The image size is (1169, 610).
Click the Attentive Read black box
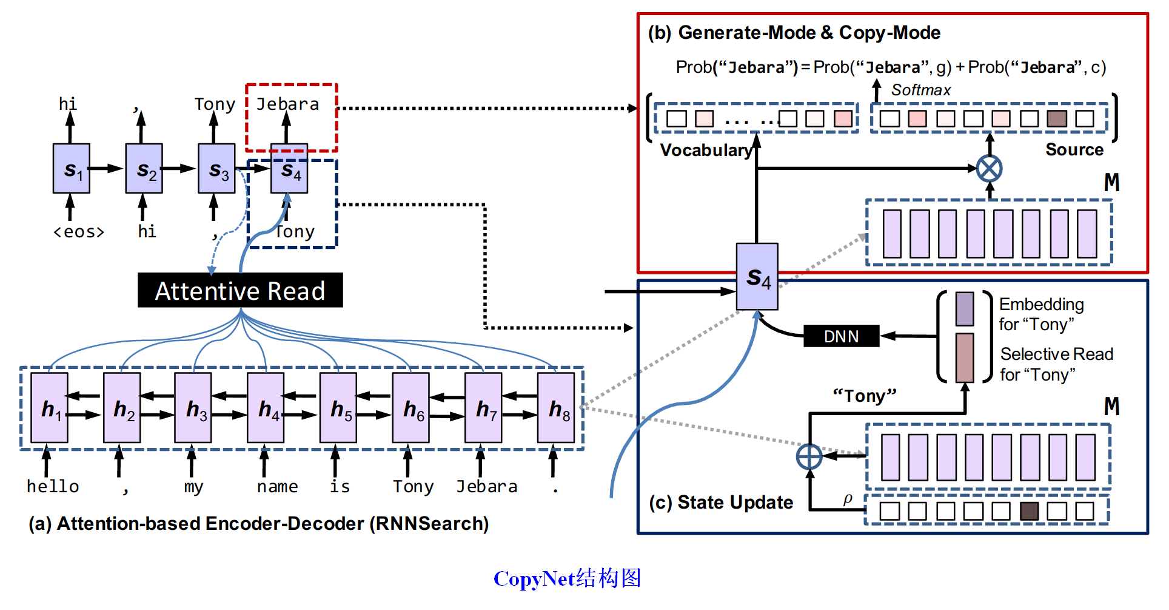coord(240,290)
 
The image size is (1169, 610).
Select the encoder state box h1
coord(49,408)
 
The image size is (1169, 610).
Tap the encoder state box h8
coord(556,408)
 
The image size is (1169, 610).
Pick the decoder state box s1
coord(72,169)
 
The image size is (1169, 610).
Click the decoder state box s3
coord(216,169)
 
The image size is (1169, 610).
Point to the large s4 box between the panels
coord(757,277)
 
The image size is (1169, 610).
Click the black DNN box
coord(841,336)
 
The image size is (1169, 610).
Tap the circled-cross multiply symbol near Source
coord(989,168)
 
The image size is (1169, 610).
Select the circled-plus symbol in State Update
coord(809,456)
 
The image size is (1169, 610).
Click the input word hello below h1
coord(53,487)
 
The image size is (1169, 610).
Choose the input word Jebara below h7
coord(486,487)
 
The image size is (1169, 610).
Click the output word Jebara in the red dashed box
coord(287,104)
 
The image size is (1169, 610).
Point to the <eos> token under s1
coord(79,232)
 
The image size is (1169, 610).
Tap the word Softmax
coord(920,90)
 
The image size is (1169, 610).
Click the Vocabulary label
coord(705,150)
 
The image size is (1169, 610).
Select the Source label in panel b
coord(1074,149)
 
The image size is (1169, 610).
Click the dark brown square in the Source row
coord(1057,118)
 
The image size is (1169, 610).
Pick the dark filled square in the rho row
coord(1029,511)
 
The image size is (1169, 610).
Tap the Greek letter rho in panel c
coord(848,499)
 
